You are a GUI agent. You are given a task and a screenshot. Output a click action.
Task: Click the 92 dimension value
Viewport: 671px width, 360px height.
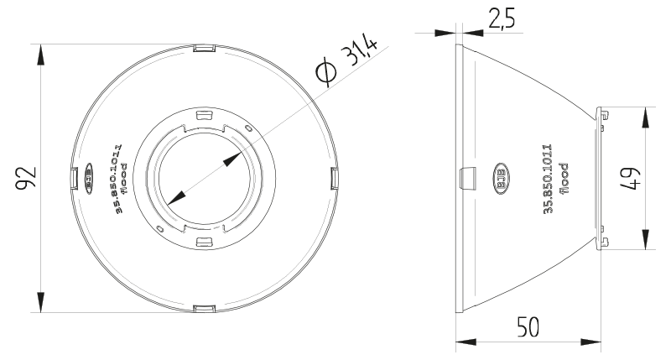[26, 178]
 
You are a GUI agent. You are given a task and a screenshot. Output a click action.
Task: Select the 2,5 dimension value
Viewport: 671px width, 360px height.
[502, 18]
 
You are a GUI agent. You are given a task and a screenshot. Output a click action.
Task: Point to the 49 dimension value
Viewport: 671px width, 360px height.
[631, 178]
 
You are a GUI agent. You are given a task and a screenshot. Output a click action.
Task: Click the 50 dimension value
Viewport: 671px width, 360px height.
[528, 327]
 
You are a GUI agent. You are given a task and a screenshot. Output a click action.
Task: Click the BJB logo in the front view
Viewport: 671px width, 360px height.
[89, 179]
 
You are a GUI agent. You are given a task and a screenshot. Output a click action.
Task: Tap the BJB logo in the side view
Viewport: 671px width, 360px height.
[501, 178]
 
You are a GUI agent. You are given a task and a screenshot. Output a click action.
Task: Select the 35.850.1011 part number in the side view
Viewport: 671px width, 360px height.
[548, 179]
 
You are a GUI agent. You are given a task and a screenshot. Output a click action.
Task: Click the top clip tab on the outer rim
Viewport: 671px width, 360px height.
[204, 48]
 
